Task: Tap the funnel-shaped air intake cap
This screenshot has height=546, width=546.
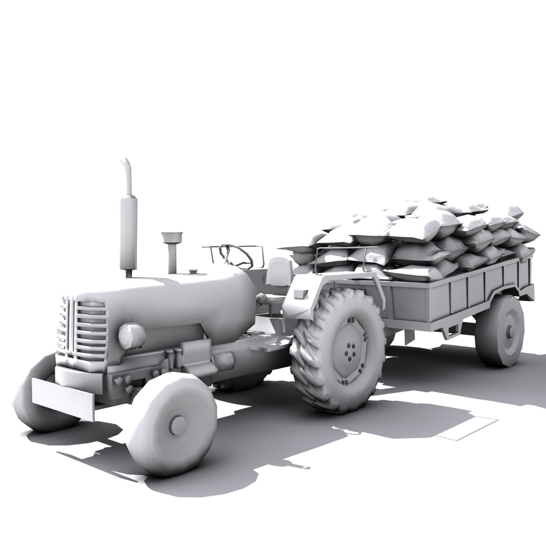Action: point(172,238)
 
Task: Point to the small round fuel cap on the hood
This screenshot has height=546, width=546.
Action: point(193,272)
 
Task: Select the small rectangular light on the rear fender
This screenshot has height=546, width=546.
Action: point(300,294)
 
